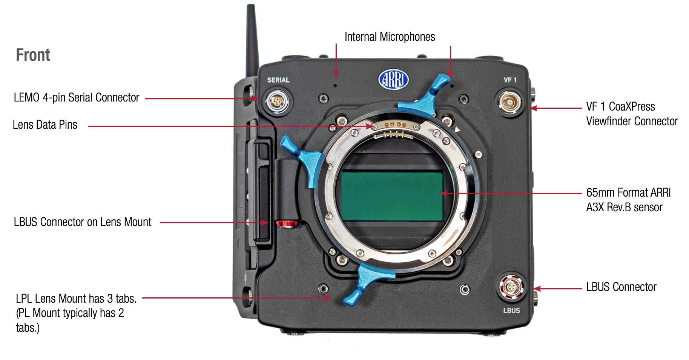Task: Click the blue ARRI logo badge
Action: point(393,80)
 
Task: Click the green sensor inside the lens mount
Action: point(392,196)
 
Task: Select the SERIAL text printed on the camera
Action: point(278,80)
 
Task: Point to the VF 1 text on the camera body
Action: point(510,80)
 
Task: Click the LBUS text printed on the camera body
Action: point(511,311)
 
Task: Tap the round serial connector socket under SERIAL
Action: point(277,102)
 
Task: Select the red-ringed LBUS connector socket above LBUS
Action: point(511,288)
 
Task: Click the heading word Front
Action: point(33,55)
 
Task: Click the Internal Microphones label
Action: point(390,37)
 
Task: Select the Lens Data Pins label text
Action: point(45,125)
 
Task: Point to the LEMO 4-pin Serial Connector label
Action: point(77,97)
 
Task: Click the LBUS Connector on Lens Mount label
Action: point(83,222)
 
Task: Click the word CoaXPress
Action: point(632,106)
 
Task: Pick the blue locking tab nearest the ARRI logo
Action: point(424,98)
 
